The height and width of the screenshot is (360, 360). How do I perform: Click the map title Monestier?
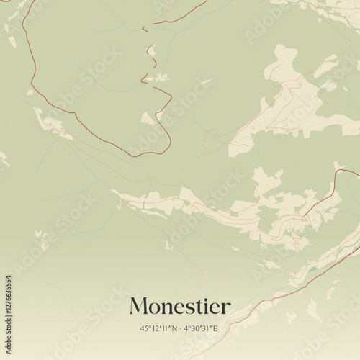point(180,307)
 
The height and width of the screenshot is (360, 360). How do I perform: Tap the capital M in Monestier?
point(139,307)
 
